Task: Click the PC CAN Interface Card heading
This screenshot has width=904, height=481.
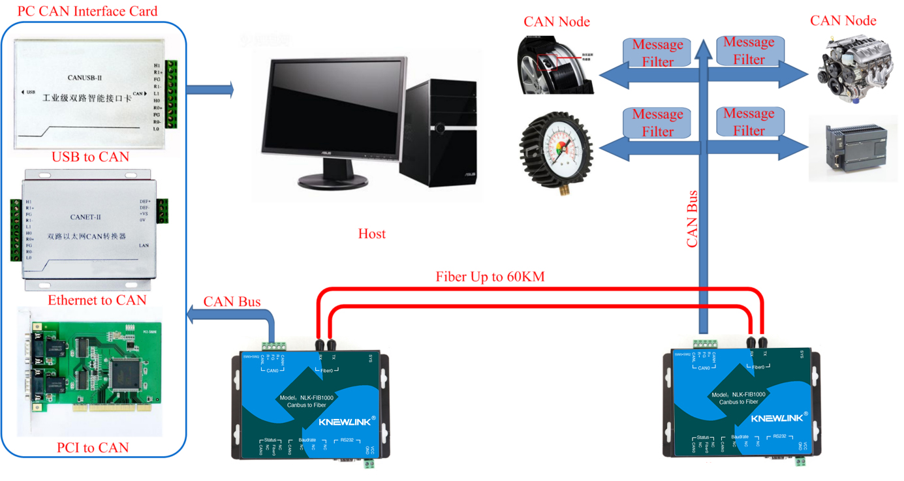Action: tap(87, 11)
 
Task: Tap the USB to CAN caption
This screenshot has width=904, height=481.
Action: tap(90, 157)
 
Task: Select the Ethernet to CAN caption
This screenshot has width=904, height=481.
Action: tap(97, 300)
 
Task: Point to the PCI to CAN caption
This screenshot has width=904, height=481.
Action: tap(93, 448)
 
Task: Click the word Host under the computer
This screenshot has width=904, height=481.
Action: tap(371, 234)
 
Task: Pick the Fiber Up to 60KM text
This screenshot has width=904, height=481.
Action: tap(490, 277)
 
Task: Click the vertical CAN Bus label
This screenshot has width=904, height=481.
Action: tap(693, 219)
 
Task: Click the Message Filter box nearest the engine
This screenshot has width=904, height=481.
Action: tap(749, 51)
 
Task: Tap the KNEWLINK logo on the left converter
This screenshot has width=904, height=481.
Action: tap(344, 422)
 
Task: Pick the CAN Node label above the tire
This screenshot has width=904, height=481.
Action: tap(556, 22)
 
